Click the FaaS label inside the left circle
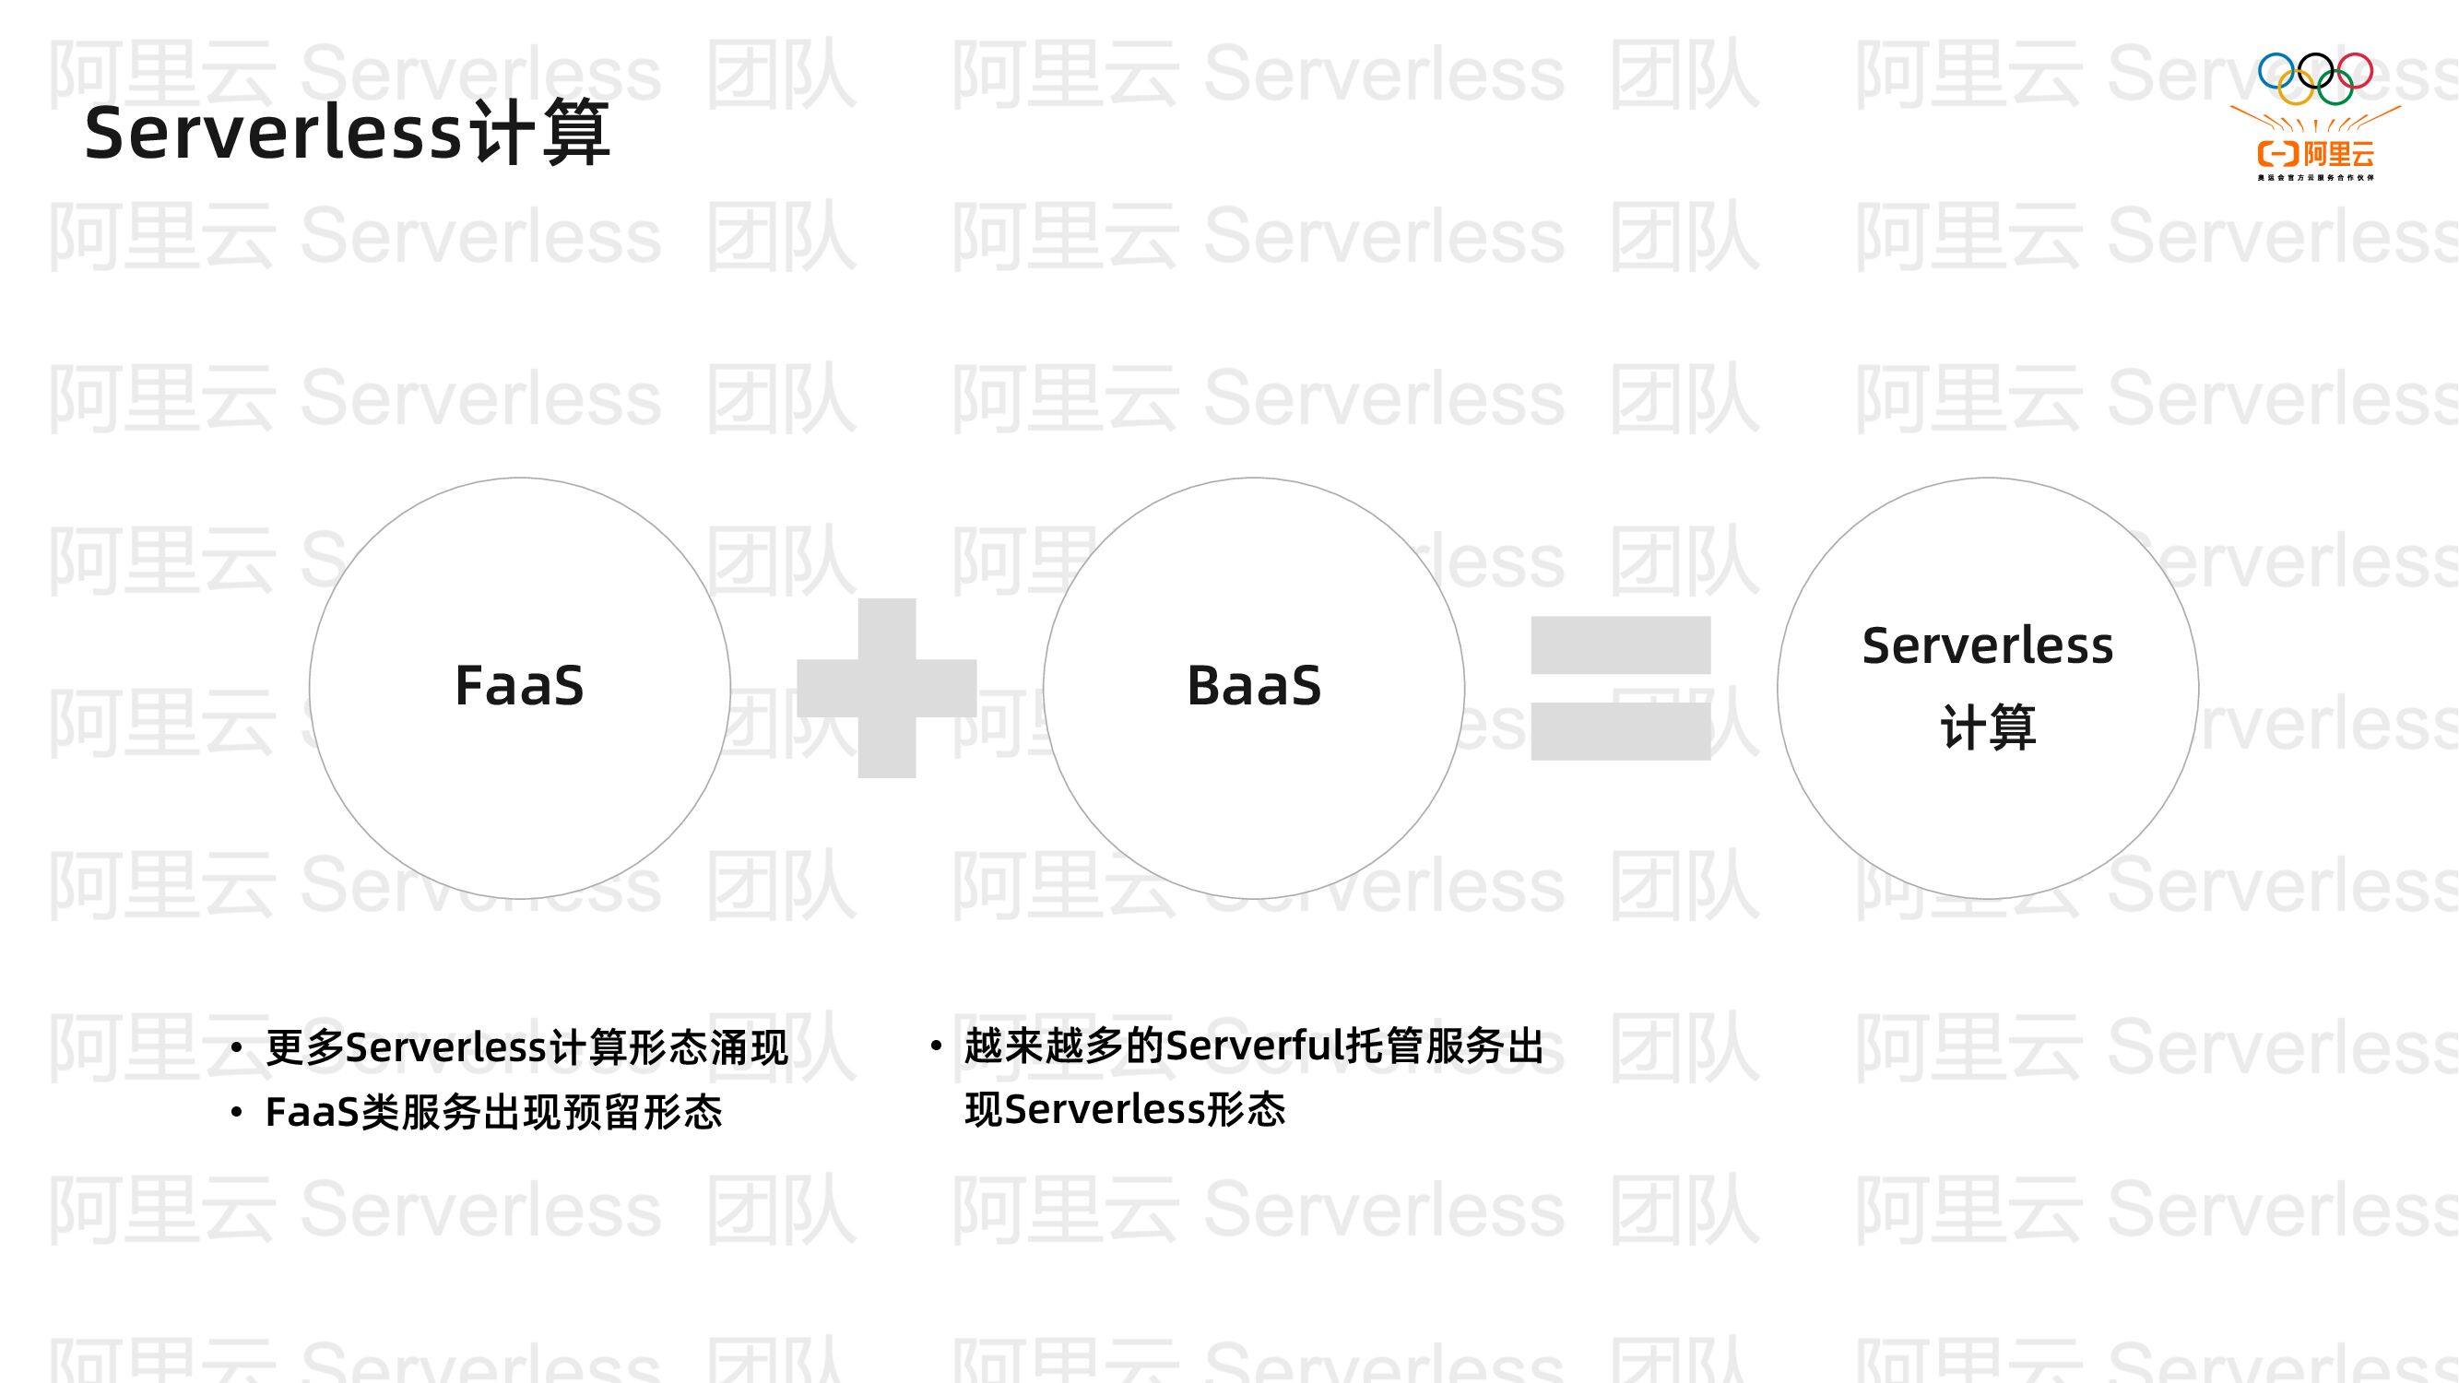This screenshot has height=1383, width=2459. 519,685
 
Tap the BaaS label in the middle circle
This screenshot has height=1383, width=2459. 1253,685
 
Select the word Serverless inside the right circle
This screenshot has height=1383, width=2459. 1988,646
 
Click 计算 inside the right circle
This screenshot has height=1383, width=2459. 1988,727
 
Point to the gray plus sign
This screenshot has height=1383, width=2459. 887,688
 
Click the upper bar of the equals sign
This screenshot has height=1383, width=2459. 1620,645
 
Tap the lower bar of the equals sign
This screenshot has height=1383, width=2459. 1620,731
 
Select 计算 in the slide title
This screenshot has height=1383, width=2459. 540,133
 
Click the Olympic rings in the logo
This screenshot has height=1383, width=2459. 2315,78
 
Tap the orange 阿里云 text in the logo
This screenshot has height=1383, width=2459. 2338,154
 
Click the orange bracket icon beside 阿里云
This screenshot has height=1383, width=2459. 2277,154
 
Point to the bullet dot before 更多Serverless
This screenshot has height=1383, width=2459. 237,1049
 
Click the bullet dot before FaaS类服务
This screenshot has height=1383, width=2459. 237,1113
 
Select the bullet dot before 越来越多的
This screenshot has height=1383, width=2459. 936,1046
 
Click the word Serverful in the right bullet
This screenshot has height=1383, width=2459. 1254,1046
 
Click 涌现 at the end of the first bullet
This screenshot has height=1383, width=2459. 749,1048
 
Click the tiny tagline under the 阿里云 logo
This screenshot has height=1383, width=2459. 2315,178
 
